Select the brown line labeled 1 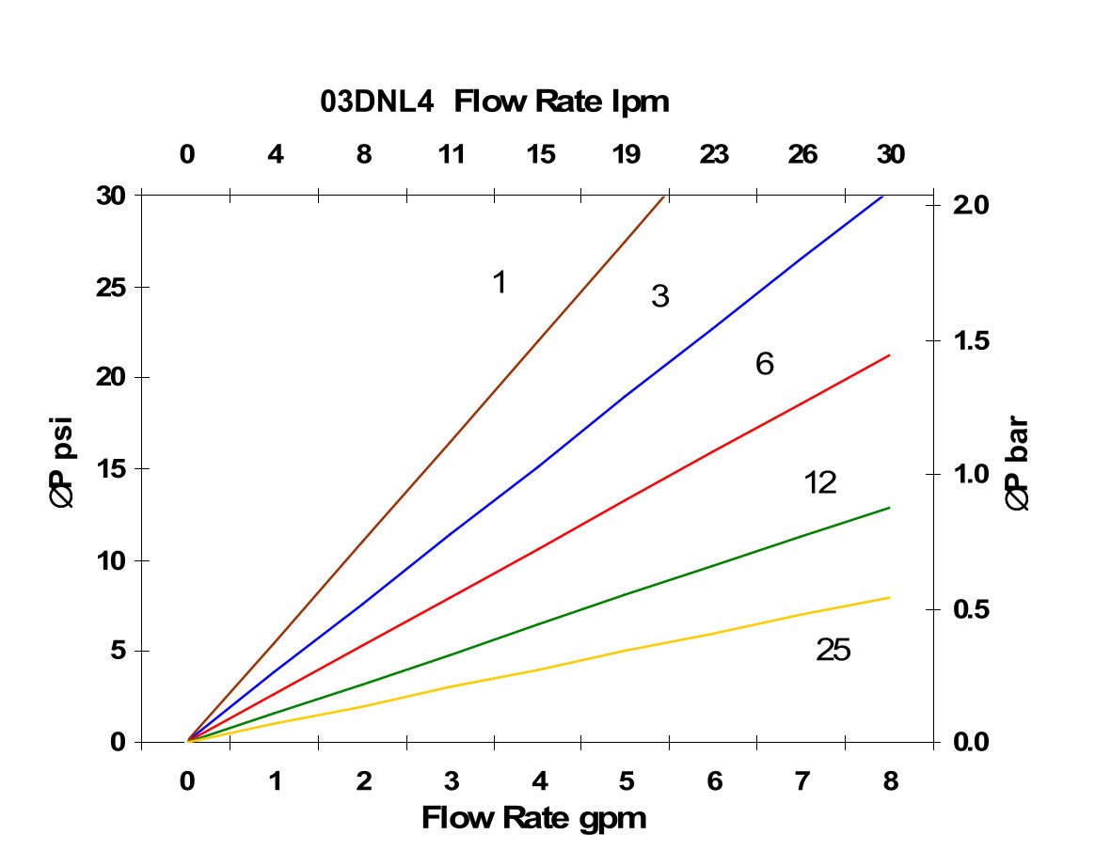click(425, 470)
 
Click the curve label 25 click(833, 650)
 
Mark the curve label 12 click(820, 483)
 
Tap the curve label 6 click(764, 364)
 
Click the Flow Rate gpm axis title click(534, 818)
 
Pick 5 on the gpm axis click(627, 780)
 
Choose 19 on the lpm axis click(627, 154)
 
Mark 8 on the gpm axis click(890, 780)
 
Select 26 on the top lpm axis click(802, 154)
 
